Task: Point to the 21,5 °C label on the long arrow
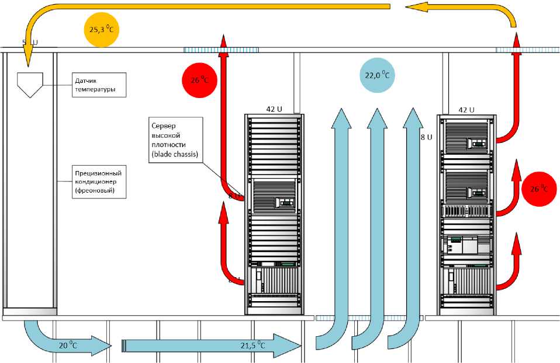pos(253,345)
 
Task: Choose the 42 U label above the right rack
pos(466,109)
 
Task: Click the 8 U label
pos(426,138)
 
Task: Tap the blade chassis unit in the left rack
pos(274,196)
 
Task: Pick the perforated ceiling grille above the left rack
pos(222,50)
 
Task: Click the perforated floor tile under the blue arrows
pos(370,319)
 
